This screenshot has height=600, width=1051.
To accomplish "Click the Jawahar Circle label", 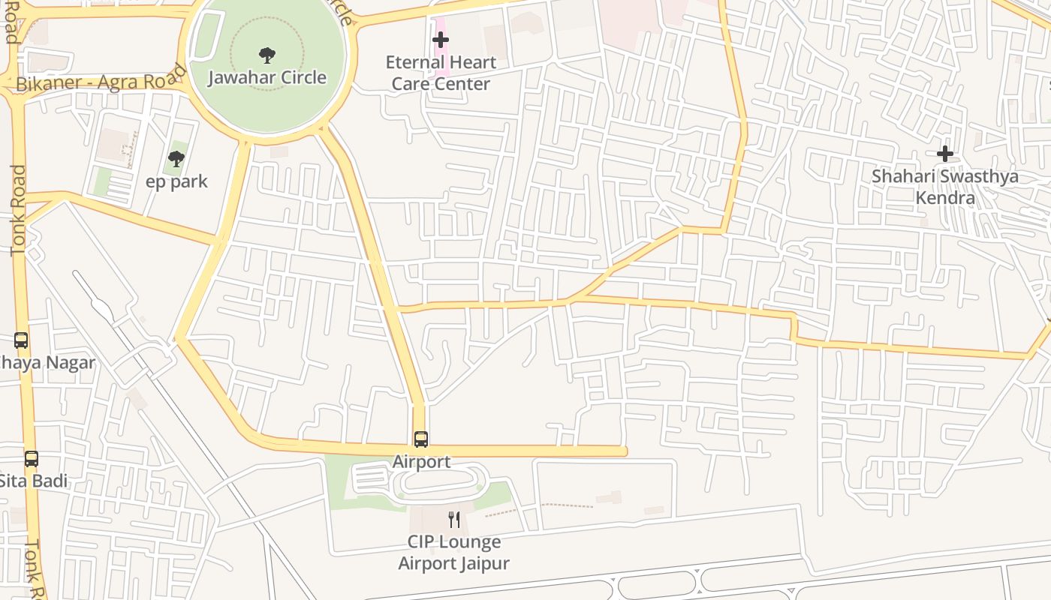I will pos(267,77).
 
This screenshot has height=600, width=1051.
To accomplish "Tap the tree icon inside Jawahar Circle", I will pos(267,55).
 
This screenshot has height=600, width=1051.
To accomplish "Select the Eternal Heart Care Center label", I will pos(441,73).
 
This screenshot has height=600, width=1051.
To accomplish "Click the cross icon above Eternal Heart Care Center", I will pos(441,40).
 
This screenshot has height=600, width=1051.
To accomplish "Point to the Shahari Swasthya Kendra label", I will pos(944,187).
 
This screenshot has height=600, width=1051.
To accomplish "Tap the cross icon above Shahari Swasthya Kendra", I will pos(944,154).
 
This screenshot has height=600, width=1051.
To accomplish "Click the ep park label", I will pos(176,181).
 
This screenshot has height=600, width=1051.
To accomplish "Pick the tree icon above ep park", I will pos(176,158).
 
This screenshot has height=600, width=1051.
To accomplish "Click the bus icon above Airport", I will pos(421,439).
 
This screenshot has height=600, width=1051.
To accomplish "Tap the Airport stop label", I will pos(421,461).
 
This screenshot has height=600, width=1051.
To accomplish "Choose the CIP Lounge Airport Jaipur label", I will pos(453,552).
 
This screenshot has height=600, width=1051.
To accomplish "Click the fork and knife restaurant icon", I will pos(454,519).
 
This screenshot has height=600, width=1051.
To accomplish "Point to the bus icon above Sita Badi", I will pos(31,458).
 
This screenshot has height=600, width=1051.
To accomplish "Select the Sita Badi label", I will pos(34,481).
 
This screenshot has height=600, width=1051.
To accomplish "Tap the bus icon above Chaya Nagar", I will pos(21,340).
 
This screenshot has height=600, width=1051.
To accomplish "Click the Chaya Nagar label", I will pos(47,363).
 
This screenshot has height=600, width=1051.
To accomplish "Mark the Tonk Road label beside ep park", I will pos(18,210).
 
